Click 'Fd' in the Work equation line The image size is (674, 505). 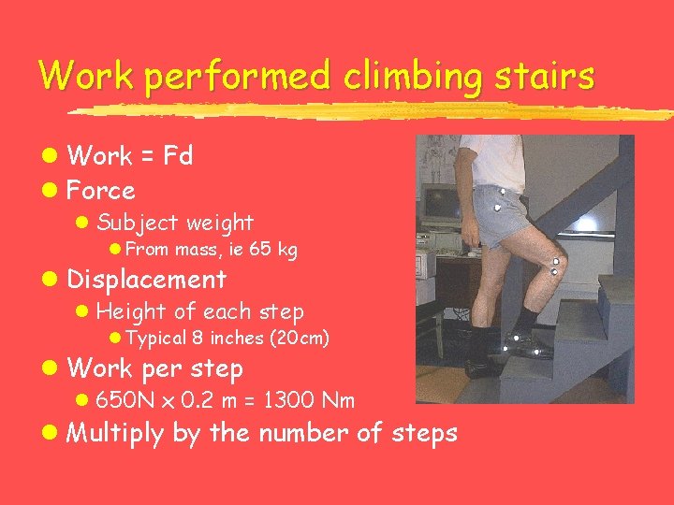tap(178, 156)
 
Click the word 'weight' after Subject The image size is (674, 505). tap(219, 224)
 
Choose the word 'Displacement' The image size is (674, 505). tap(147, 280)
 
